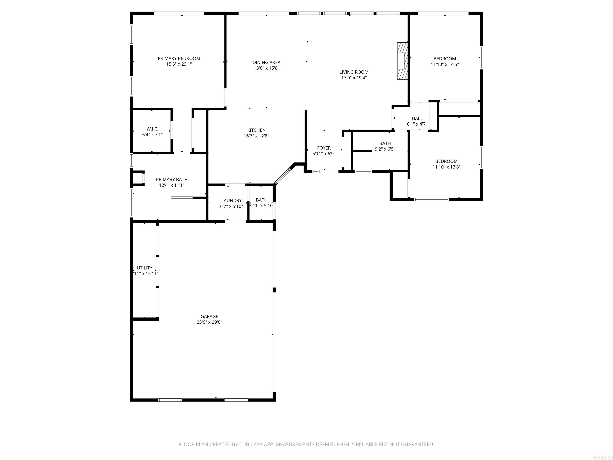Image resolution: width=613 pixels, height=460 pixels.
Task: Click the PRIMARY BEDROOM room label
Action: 179,58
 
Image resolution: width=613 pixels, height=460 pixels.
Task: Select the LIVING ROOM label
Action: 354,72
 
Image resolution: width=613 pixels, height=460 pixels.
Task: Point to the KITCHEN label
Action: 256,130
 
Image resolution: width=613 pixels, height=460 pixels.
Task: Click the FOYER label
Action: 324,148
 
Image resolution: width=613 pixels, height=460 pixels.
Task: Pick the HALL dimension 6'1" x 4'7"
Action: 417,124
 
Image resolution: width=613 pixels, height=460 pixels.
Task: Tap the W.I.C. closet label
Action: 152,129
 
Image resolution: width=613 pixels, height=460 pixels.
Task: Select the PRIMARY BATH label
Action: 172,180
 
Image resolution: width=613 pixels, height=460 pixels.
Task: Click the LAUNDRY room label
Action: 231,200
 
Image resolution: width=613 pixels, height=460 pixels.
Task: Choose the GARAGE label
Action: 209,316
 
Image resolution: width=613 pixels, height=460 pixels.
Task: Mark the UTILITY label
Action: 144,268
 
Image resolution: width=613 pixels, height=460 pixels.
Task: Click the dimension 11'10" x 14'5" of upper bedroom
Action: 445,64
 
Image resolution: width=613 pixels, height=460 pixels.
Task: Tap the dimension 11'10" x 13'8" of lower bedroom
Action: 446,167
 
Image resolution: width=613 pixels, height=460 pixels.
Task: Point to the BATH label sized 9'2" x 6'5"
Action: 385,143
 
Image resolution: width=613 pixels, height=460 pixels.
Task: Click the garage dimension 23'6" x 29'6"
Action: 209,322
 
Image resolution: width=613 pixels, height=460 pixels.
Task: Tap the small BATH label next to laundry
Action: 261,200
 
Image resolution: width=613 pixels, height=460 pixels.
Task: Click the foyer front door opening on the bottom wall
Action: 329,171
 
